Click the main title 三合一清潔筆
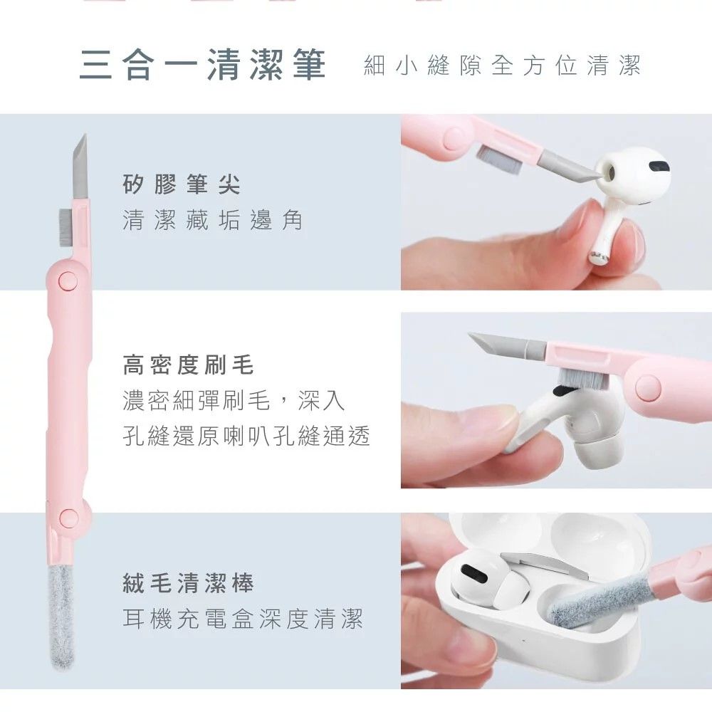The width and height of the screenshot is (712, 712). point(202,66)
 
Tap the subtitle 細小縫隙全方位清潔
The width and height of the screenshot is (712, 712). point(502,66)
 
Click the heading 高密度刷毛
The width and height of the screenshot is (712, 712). point(188,366)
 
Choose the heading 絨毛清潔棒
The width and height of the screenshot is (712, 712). point(188,584)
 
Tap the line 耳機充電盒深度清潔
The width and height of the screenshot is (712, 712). point(243,619)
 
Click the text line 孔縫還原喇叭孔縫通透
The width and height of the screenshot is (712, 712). point(246,436)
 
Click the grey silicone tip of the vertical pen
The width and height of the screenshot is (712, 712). point(80,167)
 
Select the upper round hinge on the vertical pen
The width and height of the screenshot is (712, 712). point(68,280)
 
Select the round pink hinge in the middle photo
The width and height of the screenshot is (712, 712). point(648,389)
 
